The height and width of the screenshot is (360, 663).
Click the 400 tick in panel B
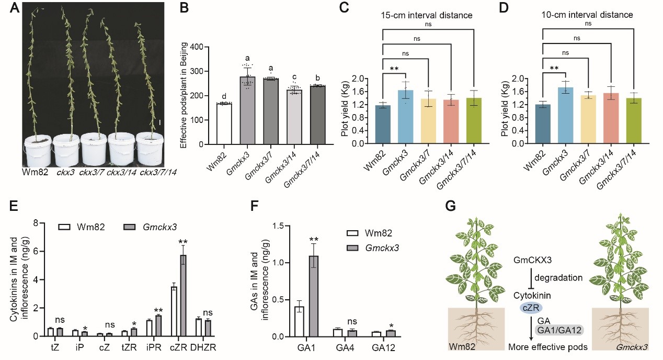pyautogui.click(x=196, y=47)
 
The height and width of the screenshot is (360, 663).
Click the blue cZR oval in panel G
pyautogui.click(x=530, y=308)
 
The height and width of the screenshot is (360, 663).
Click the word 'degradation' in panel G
pyautogui.click(x=562, y=277)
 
